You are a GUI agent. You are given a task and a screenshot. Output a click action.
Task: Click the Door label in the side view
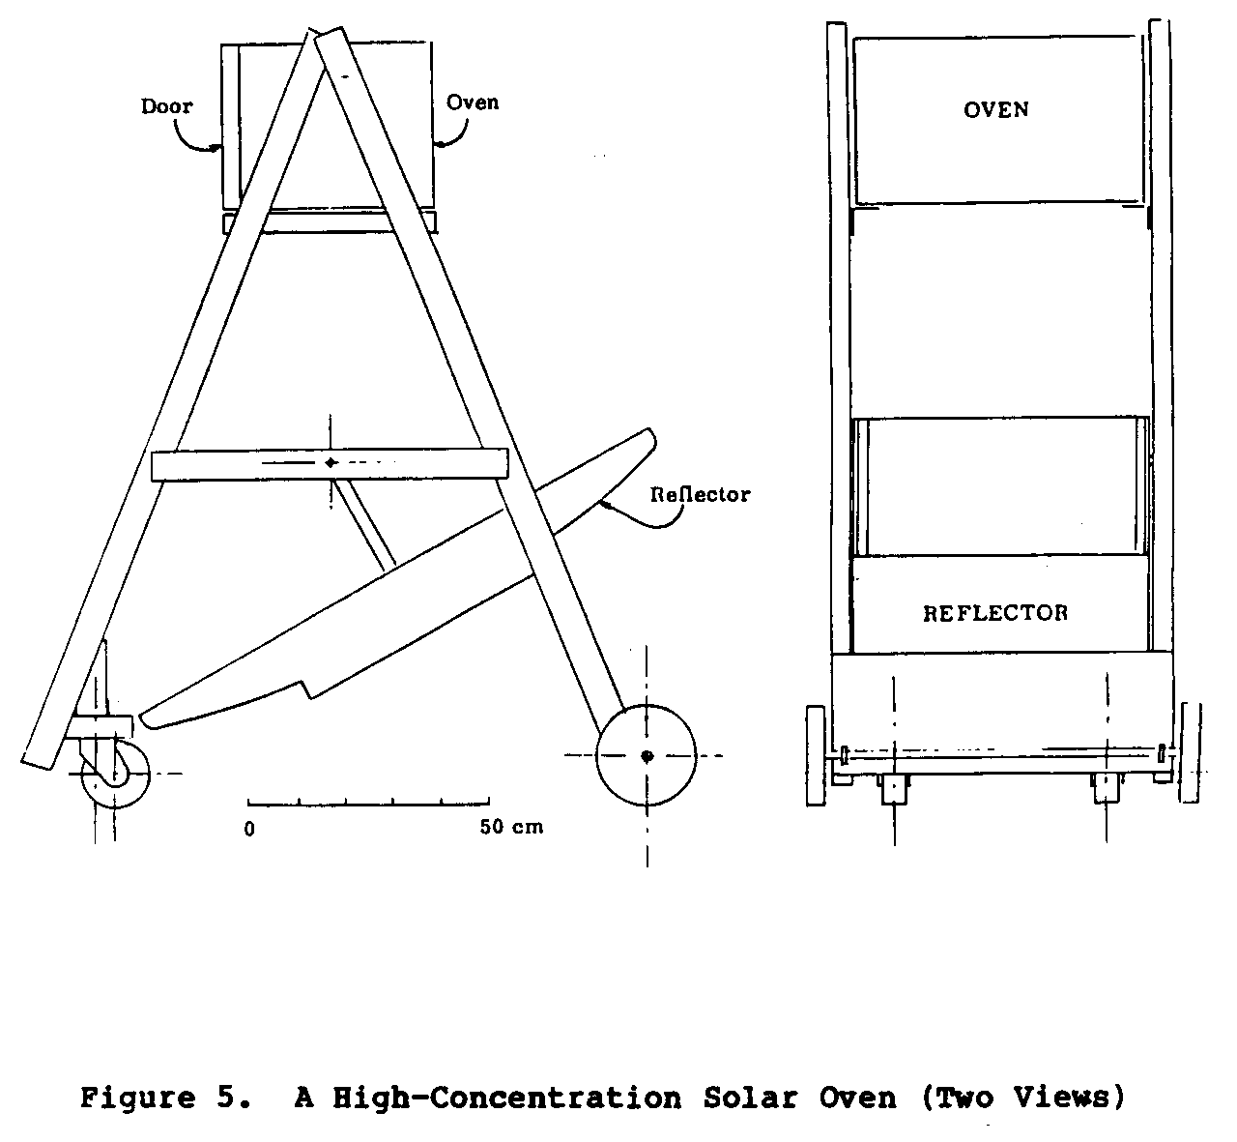tap(166, 106)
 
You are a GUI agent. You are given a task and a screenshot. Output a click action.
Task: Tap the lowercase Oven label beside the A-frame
tap(473, 102)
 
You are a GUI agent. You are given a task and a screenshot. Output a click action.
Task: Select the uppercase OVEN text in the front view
tap(996, 110)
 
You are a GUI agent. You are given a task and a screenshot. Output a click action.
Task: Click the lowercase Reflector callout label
tap(700, 494)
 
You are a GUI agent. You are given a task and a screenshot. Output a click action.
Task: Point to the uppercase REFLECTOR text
tap(995, 613)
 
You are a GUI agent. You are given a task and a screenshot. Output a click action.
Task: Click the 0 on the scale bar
tap(249, 829)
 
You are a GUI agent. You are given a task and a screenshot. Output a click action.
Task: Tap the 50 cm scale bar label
tap(511, 827)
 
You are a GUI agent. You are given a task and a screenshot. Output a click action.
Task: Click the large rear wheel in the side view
tap(646, 755)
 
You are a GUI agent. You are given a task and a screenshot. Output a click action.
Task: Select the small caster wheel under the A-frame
tap(115, 775)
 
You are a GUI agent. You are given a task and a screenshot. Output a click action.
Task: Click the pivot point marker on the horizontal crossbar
tap(331, 462)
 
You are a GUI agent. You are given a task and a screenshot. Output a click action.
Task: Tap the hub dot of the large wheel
tap(647, 756)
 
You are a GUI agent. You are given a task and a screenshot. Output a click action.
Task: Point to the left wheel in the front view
tap(816, 755)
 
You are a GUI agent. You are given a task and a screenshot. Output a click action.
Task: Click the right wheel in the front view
tap(1190, 753)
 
